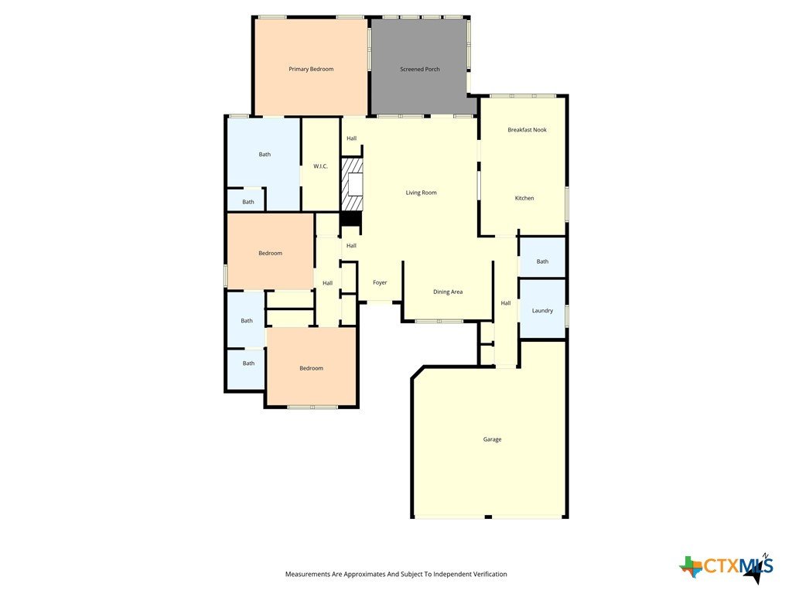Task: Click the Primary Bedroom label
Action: click(311, 69)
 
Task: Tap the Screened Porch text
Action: click(420, 69)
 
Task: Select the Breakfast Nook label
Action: click(527, 130)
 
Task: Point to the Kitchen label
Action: click(524, 198)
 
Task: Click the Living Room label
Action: click(422, 193)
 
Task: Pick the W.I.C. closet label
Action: click(320, 166)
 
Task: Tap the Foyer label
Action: click(380, 282)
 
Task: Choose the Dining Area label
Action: click(448, 292)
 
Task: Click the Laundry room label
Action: click(542, 311)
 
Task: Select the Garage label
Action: click(492, 439)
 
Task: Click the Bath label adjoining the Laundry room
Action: click(542, 261)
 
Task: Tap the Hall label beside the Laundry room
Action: click(506, 303)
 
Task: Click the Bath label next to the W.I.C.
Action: click(265, 155)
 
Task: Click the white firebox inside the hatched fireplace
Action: click(356, 184)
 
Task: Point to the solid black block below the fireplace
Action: click(350, 219)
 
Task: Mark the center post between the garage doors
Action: click(488, 517)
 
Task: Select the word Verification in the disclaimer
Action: click(490, 575)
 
